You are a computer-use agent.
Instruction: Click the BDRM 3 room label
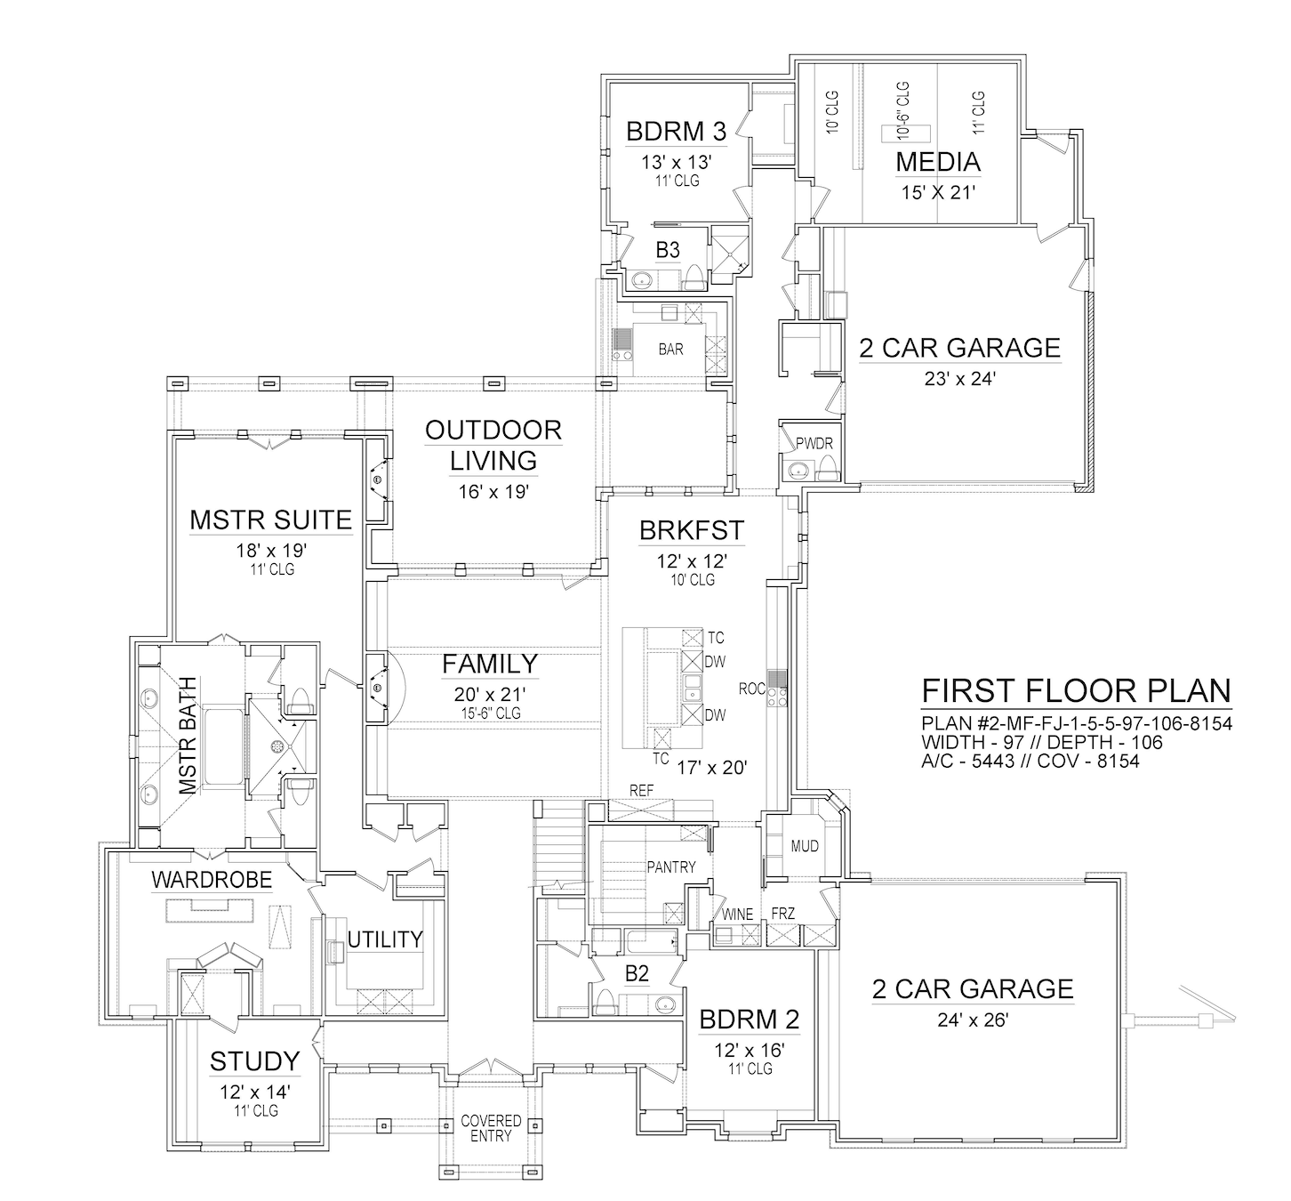pyautogui.click(x=676, y=132)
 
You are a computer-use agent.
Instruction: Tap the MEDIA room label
pyautogui.click(x=938, y=162)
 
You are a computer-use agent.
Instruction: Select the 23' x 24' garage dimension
pyautogui.click(x=960, y=379)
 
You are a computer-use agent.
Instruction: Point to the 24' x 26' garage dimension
pyautogui.click(x=973, y=1020)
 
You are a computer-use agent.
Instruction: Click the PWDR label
pyautogui.click(x=814, y=444)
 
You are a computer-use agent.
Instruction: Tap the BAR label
pyautogui.click(x=671, y=350)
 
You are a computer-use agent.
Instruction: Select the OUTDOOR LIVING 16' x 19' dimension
pyautogui.click(x=494, y=492)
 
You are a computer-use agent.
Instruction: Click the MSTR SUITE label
pyautogui.click(x=271, y=520)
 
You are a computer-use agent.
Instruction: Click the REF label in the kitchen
pyautogui.click(x=642, y=791)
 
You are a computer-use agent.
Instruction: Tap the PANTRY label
pyautogui.click(x=671, y=867)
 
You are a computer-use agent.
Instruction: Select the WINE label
pyautogui.click(x=738, y=914)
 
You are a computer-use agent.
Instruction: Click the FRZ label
pyautogui.click(x=783, y=914)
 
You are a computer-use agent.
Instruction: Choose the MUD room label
pyautogui.click(x=805, y=846)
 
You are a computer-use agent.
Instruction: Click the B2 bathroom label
pyautogui.click(x=637, y=974)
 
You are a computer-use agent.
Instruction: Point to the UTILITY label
pyautogui.click(x=385, y=939)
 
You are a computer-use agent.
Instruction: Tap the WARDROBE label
pyautogui.click(x=212, y=880)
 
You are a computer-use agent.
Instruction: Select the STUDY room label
pyautogui.click(x=255, y=1061)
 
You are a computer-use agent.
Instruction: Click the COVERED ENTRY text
pyautogui.click(x=491, y=1128)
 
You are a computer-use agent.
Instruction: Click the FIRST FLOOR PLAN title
pyautogui.click(x=1077, y=691)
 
